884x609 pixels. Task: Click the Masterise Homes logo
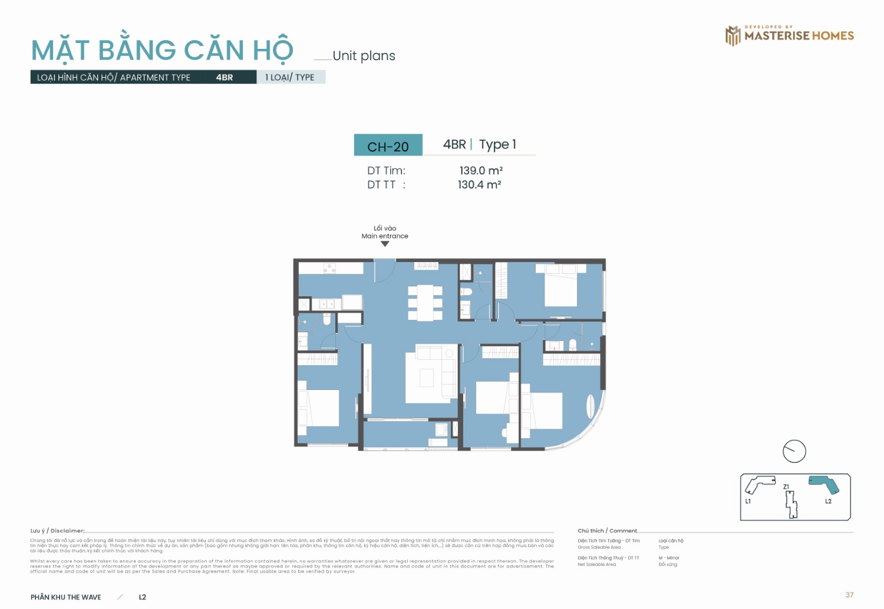click(x=789, y=35)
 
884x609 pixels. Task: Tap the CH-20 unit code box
click(x=388, y=146)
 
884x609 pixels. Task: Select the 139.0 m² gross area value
click(x=481, y=171)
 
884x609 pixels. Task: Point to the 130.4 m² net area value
click(x=479, y=185)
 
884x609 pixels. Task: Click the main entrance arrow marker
click(x=385, y=244)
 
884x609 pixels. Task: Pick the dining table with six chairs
click(x=425, y=302)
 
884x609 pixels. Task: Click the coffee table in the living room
click(x=427, y=378)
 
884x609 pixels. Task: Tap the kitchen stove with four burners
click(x=329, y=268)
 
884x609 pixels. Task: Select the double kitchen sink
click(x=326, y=304)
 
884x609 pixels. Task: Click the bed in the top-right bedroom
click(x=560, y=285)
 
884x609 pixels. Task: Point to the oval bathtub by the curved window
click(x=591, y=406)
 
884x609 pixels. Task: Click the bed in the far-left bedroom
click(x=318, y=407)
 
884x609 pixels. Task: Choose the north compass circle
click(x=794, y=452)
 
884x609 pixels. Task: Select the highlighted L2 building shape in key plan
click(x=824, y=484)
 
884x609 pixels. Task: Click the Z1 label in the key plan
click(x=786, y=487)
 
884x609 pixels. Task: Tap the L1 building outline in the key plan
click(x=759, y=484)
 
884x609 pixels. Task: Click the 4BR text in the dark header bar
click(x=224, y=77)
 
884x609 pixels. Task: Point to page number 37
click(x=849, y=595)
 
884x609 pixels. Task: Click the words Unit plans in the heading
click(x=364, y=56)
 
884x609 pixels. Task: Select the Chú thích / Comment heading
click(x=607, y=531)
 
